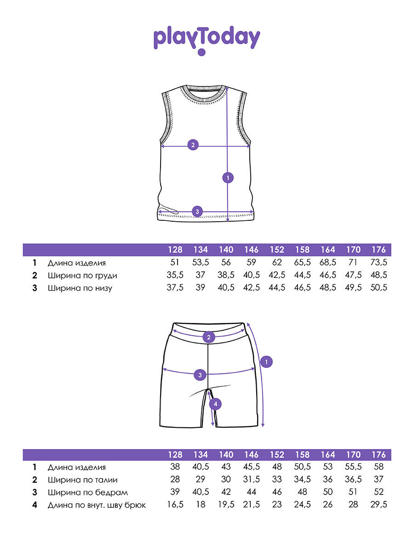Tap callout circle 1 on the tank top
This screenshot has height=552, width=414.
click(228, 177)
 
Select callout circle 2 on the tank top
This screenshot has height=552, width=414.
click(193, 145)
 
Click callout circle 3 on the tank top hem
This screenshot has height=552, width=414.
click(197, 212)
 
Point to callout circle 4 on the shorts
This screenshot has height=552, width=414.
click(215, 404)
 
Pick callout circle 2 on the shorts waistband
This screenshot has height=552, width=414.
click(209, 337)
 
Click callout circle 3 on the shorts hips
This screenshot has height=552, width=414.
click(200, 375)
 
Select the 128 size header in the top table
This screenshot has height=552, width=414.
click(175, 250)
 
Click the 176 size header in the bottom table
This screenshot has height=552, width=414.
click(378, 454)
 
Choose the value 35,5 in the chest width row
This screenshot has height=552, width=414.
click(175, 276)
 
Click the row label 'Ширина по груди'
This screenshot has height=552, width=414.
click(82, 276)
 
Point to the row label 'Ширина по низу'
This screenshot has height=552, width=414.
click(80, 288)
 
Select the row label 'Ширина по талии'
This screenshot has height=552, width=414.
click(82, 480)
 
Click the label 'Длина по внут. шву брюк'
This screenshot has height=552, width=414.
click(97, 505)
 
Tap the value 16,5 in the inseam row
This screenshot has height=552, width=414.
click(175, 505)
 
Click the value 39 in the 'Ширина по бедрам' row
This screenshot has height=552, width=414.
click(175, 492)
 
